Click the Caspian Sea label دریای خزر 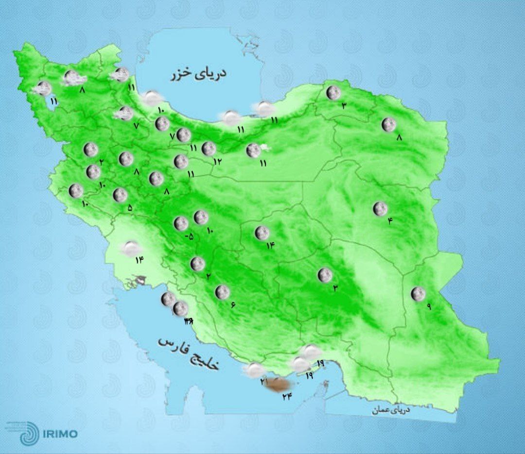tap(199, 74)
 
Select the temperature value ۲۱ tap(264, 382)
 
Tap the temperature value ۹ tap(429, 306)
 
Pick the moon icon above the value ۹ tap(418, 294)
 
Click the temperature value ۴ tap(389, 221)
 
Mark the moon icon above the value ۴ tap(380, 209)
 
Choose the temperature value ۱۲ tap(217, 161)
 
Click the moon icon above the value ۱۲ tap(209, 149)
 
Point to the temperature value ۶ tap(233, 304)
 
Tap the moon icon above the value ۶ tap(222, 292)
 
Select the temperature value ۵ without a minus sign tap(130, 208)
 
